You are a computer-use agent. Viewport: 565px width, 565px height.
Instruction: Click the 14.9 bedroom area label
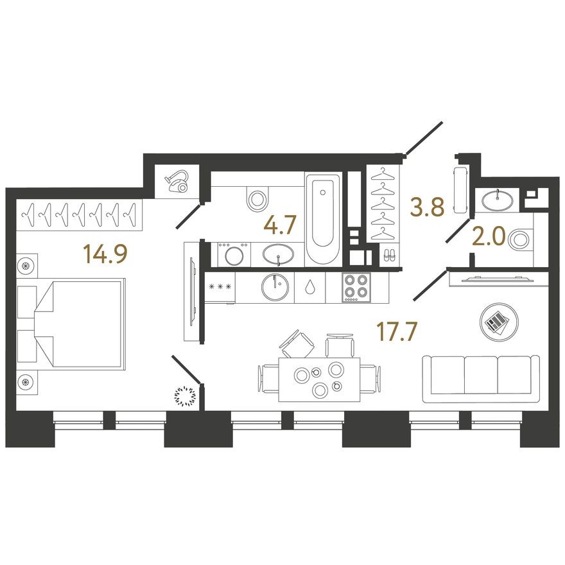point(106,254)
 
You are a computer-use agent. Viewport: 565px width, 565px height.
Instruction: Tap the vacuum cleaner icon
point(177,182)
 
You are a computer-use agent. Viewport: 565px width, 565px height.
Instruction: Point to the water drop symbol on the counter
point(311,287)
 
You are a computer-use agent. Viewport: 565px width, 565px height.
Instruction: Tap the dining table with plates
point(318,379)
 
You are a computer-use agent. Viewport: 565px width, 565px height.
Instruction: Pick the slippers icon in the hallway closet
point(389,255)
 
